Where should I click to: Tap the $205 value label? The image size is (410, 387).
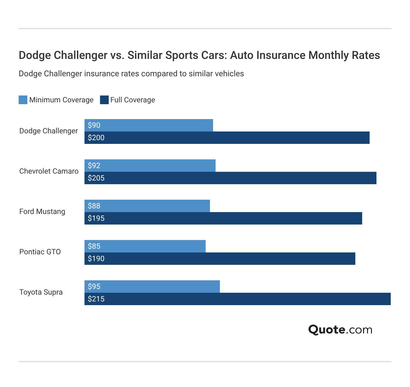pyautogui.click(x=96, y=178)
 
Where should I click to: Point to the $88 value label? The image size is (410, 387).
pyautogui.click(x=94, y=206)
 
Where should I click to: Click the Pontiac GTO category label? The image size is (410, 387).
pyautogui.click(x=40, y=252)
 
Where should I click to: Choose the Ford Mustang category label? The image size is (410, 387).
pyautogui.click(x=42, y=211)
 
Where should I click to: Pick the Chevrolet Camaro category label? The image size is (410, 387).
pyautogui.click(x=49, y=171)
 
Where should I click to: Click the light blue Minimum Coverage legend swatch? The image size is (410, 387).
pyautogui.click(x=23, y=100)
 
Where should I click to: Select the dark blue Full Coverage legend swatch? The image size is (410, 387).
pyautogui.click(x=104, y=100)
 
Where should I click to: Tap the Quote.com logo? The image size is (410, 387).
pyautogui.click(x=340, y=329)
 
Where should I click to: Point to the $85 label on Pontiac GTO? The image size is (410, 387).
pyautogui.click(x=94, y=246)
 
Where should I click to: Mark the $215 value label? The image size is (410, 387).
pyautogui.click(x=96, y=299)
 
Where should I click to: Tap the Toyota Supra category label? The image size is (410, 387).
pyautogui.click(x=41, y=292)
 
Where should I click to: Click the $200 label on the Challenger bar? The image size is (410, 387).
pyautogui.click(x=96, y=138)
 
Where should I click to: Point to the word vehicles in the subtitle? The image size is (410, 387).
pyautogui.click(x=230, y=74)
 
